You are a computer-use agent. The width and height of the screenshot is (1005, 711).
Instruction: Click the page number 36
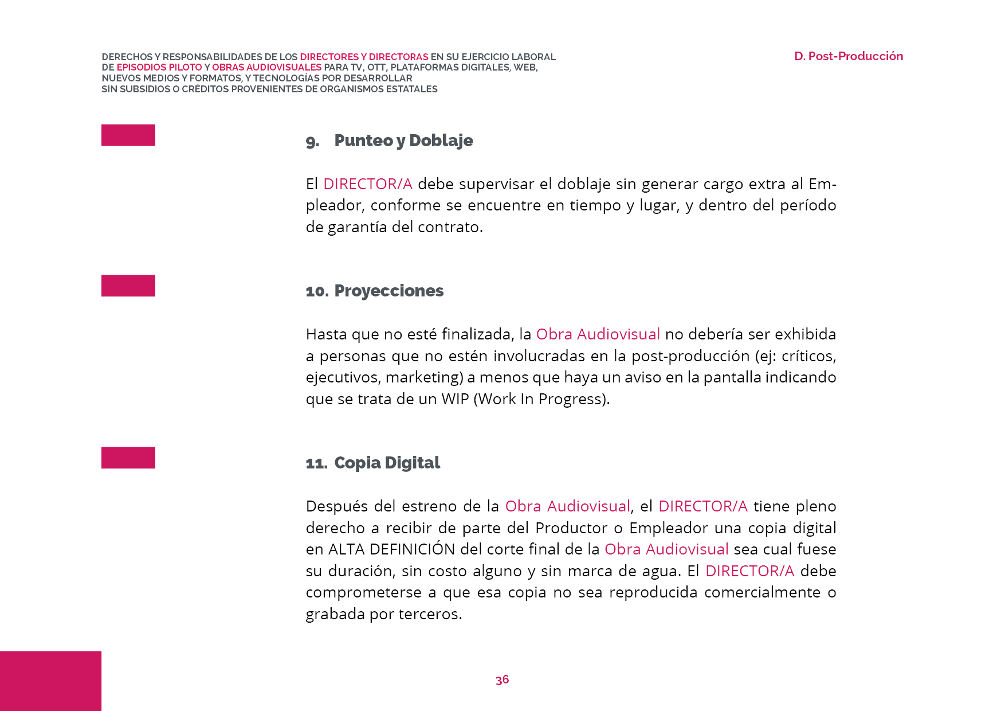coord(502,680)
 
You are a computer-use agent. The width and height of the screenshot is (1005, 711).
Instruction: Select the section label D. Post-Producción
coord(848,56)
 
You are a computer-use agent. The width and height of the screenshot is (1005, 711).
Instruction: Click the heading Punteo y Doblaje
coord(403,140)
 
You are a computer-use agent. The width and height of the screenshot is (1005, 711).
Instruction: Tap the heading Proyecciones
coord(388,291)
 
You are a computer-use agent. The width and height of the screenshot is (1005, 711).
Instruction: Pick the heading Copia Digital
coord(387,463)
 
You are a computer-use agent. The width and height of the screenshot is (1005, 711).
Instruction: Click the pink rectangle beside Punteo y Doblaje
coord(128,135)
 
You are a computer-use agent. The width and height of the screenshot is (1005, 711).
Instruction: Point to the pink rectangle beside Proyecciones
coord(128,286)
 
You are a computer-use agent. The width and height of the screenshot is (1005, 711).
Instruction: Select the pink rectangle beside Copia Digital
coord(128,458)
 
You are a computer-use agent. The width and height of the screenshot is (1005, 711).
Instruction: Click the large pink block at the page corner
coord(50,681)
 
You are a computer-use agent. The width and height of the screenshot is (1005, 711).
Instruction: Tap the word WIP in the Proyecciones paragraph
coord(455,399)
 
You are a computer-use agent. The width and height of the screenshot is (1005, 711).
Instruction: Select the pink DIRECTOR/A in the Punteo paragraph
coord(368,184)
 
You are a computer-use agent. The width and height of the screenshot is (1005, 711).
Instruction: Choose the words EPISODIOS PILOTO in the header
coord(159,68)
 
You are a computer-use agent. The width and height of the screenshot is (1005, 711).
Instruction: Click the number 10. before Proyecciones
coord(317,291)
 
